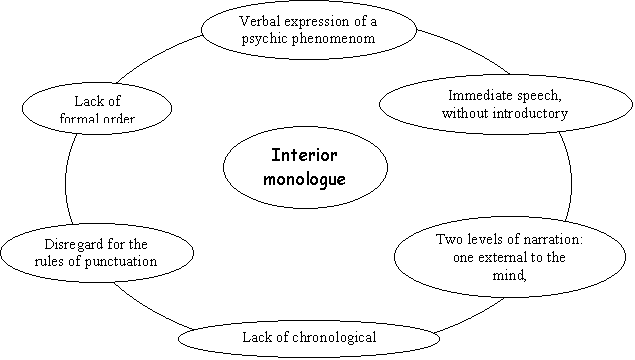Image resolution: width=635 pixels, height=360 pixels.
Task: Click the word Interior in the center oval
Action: [x=304, y=155]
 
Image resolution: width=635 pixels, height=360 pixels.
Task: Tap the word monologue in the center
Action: [x=304, y=179]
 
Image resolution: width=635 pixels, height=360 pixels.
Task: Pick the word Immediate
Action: [x=475, y=96]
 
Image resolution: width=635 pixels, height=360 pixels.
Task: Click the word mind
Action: [x=509, y=275]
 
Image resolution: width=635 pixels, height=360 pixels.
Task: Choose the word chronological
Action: [x=334, y=337]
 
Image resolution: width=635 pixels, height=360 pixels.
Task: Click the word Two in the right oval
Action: [x=449, y=239]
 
